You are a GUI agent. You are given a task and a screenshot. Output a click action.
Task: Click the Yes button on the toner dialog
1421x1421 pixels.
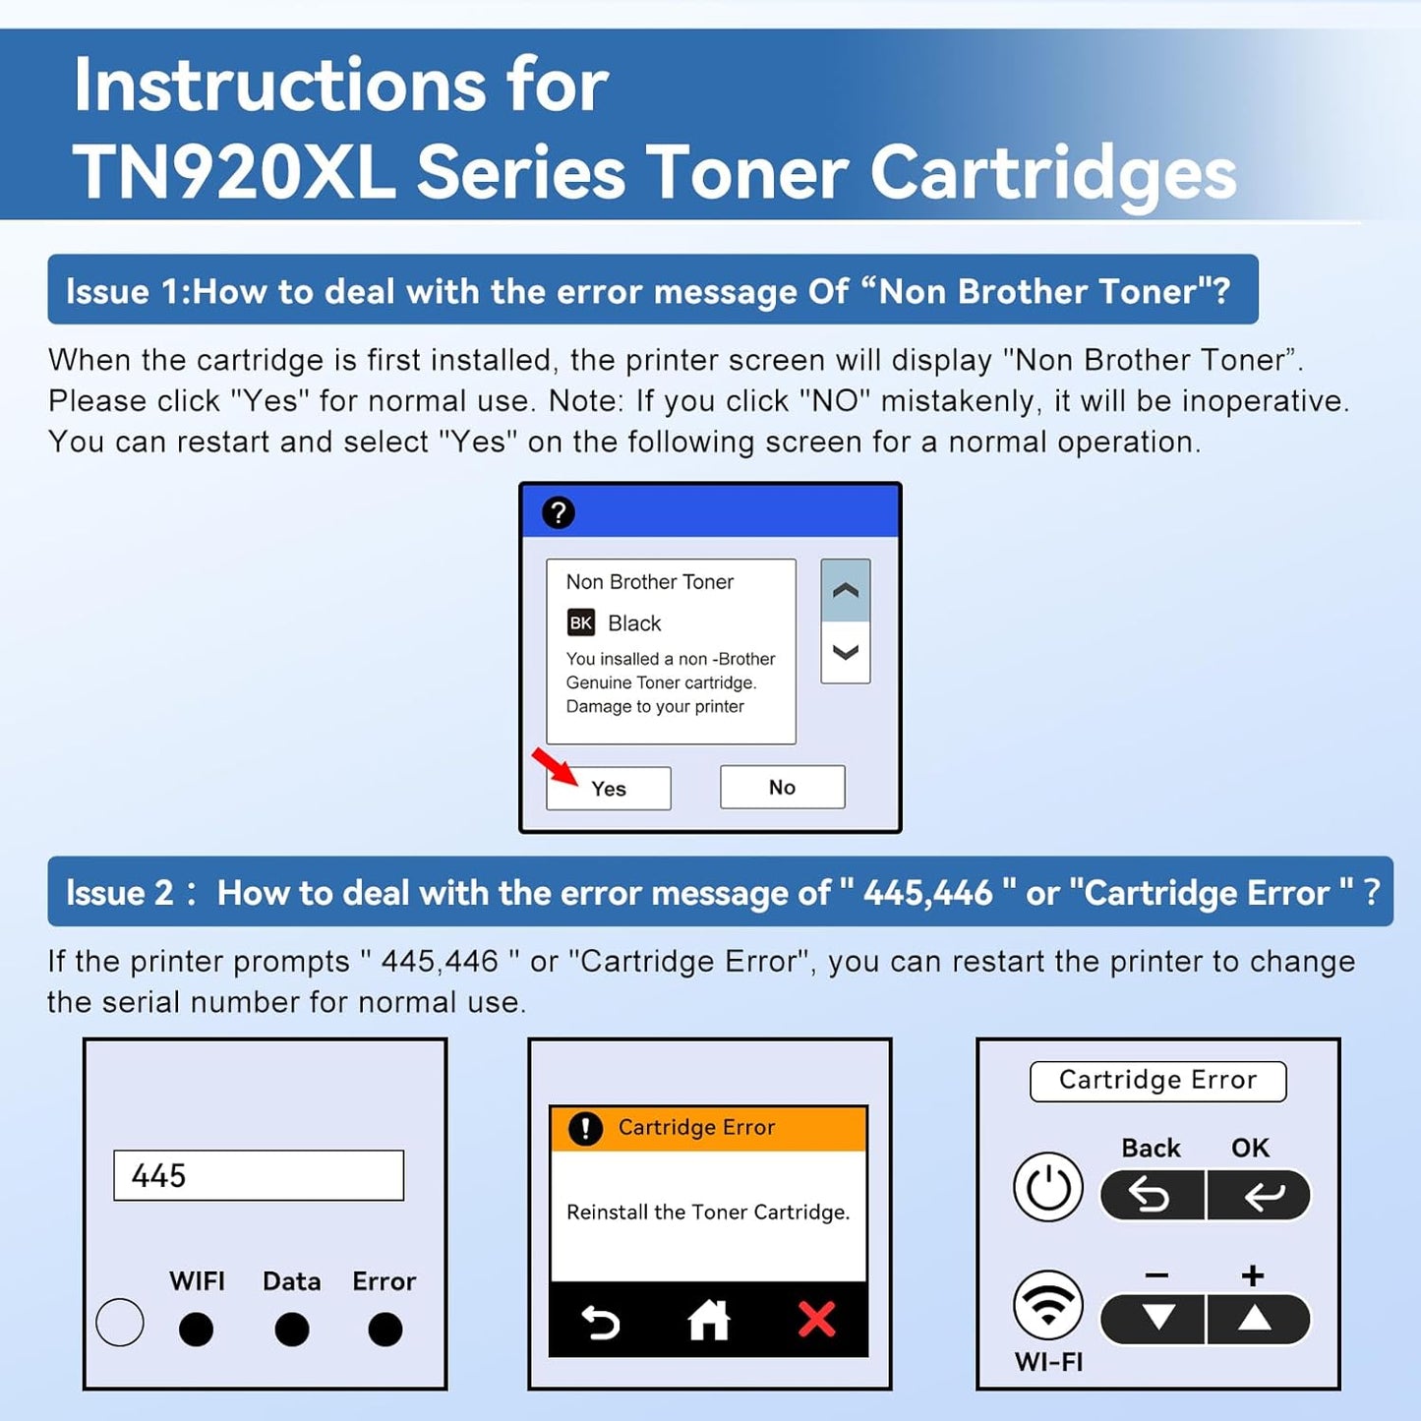pos(609,789)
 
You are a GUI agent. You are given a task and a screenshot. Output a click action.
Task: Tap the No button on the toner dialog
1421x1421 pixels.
pos(782,787)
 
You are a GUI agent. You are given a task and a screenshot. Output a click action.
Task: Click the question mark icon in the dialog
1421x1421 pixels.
pos(559,512)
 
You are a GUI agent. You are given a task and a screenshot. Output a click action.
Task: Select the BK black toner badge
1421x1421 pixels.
pos(581,622)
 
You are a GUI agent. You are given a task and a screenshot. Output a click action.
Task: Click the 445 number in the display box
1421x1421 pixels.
pos(159,1175)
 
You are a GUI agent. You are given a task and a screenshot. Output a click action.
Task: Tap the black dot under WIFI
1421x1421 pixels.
pos(197,1330)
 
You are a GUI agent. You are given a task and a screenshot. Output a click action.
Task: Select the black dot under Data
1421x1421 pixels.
pos(291,1330)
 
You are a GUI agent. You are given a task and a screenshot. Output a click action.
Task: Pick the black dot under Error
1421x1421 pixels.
pos(385,1330)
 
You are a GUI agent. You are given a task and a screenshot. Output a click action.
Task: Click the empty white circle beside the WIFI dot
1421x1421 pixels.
pos(120,1323)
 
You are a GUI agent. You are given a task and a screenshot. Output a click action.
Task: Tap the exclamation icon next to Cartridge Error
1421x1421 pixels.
pos(585,1128)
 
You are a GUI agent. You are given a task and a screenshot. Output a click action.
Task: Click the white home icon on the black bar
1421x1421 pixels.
pos(708,1320)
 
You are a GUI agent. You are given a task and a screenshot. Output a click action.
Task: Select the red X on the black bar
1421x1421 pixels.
pos(816,1320)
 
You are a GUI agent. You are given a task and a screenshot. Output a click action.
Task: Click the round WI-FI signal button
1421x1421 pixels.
pos(1048,1306)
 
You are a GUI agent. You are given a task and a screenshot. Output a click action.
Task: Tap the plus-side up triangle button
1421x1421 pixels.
pos(1256,1319)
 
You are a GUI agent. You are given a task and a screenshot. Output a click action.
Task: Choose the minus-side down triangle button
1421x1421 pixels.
pos(1157,1319)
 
